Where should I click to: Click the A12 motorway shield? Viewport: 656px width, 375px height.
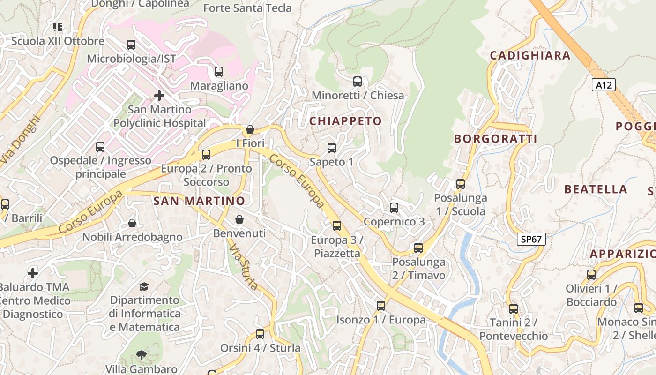point(604,85)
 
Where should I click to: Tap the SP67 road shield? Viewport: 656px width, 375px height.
point(531,239)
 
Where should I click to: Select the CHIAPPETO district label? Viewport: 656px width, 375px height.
point(345,121)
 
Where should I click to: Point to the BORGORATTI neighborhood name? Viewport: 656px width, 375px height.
point(495,139)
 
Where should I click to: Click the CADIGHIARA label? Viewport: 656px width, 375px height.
point(530,55)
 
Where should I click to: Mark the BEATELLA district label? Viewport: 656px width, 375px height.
point(595,189)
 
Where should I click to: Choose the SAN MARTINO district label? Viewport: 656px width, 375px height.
point(199,201)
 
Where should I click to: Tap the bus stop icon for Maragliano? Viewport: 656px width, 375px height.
point(219,72)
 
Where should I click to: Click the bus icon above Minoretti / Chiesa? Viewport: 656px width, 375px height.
point(358,82)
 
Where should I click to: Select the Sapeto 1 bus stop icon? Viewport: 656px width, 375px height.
point(332,148)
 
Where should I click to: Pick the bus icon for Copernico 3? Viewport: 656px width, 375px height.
point(394,207)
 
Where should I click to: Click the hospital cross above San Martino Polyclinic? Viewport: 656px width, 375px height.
point(159,96)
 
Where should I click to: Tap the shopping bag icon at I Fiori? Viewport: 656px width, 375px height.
point(250,129)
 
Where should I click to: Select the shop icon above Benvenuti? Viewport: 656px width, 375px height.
point(239,219)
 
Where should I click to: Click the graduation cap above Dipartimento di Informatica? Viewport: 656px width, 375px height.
point(144,286)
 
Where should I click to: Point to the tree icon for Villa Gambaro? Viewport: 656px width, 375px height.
point(141,355)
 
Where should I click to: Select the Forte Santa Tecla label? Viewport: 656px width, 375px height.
point(247,8)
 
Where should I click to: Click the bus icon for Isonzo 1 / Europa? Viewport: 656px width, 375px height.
point(381,306)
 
